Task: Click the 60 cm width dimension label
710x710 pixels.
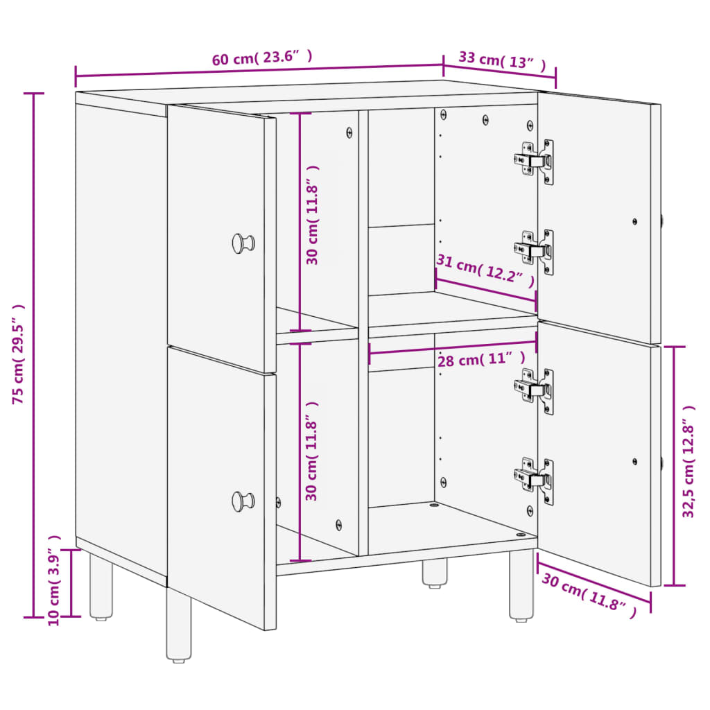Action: pos(262,58)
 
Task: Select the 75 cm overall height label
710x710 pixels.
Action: pos(19,354)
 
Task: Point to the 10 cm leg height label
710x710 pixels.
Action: pos(55,580)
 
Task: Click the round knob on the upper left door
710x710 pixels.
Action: pos(243,243)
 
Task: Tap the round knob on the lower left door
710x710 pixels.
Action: pos(243,500)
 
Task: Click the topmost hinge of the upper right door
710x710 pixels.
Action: pos(535,162)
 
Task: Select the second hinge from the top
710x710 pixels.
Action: pos(535,252)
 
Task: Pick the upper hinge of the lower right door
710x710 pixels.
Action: pos(535,390)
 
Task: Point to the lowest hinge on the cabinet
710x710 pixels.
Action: pos(535,479)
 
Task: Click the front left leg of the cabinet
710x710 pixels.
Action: pos(179,624)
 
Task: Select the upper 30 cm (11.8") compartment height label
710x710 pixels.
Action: pos(313,215)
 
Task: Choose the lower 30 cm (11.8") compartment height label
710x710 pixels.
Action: pos(313,451)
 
